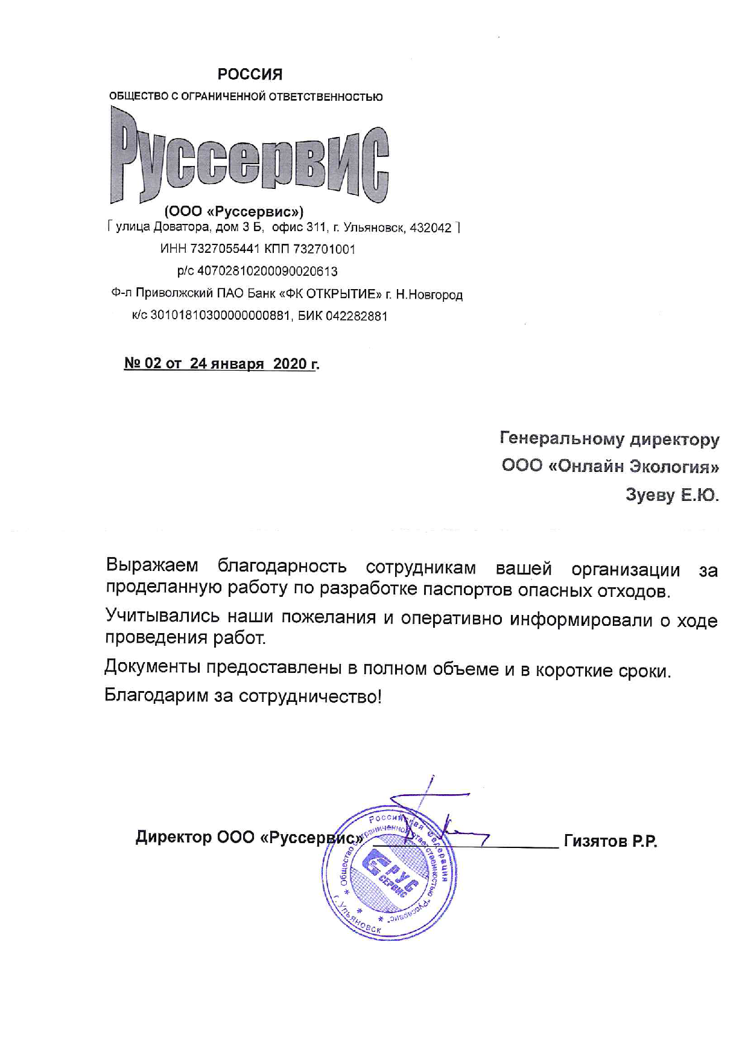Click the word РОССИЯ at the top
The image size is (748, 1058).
coord(250,74)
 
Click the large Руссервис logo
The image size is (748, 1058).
coord(249,156)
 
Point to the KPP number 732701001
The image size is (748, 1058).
coord(324,249)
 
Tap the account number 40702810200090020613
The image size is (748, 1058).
coord(267,272)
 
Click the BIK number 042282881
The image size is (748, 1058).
coord(356,316)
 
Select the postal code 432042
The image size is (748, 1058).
coord(430,228)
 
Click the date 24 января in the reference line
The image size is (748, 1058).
coord(227,364)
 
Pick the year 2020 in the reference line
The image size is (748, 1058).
coord(290,364)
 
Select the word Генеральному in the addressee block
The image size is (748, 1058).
coord(562,438)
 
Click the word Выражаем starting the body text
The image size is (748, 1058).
coord(152,566)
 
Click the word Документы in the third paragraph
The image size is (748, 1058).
coord(151,668)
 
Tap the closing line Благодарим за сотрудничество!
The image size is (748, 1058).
coord(243,696)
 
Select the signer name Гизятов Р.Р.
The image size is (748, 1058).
coord(610,841)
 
